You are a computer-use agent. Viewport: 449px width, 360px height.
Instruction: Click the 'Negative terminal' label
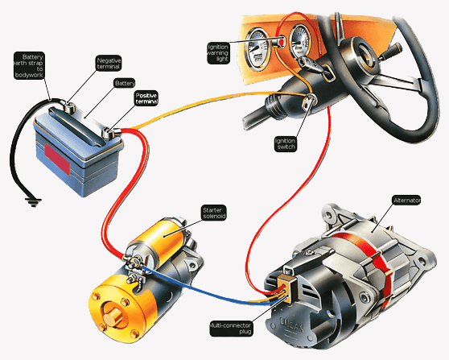109,64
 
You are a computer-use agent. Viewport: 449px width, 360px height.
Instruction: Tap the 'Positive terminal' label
146,98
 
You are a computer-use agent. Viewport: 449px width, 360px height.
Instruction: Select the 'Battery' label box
125,83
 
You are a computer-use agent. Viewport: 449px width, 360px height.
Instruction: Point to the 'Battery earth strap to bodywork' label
29,65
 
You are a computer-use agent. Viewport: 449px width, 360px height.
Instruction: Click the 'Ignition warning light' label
218,52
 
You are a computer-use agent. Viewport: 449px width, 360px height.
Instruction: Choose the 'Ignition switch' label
285,143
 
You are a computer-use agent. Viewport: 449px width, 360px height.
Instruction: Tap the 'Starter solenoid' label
214,213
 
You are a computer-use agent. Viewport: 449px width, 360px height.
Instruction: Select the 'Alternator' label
406,200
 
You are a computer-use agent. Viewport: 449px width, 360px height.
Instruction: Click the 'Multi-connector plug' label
231,328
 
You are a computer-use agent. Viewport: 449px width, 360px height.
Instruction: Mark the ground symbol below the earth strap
33,202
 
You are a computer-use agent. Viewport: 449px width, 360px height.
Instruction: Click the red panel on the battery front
57,159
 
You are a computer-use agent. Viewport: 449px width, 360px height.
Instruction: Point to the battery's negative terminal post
68,106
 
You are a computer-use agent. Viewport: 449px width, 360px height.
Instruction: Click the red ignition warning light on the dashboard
281,43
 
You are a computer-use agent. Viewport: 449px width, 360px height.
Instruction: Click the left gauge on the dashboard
258,49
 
